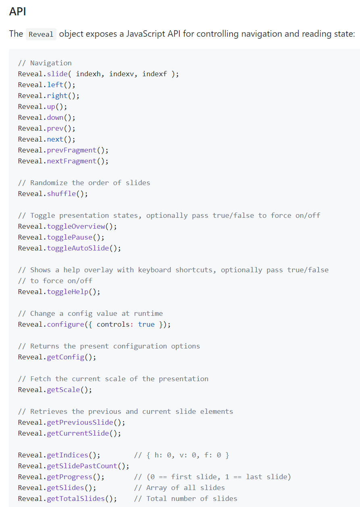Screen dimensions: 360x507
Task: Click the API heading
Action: click(18, 11)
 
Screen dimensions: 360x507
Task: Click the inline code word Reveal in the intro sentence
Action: click(41, 34)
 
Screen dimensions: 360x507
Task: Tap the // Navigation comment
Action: click(45, 63)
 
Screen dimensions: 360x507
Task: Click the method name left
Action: click(55, 85)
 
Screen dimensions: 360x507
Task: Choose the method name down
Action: click(55, 117)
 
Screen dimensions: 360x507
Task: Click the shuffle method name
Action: click(61, 194)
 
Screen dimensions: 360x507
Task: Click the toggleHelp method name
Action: click(68, 292)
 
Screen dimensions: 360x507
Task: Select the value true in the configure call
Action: click(146, 324)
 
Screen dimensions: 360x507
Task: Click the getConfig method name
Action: click(65, 357)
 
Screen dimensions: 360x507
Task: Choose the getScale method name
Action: click(64, 390)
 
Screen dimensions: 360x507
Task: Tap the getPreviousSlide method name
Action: click(80, 422)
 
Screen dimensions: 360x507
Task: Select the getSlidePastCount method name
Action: click(82, 466)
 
